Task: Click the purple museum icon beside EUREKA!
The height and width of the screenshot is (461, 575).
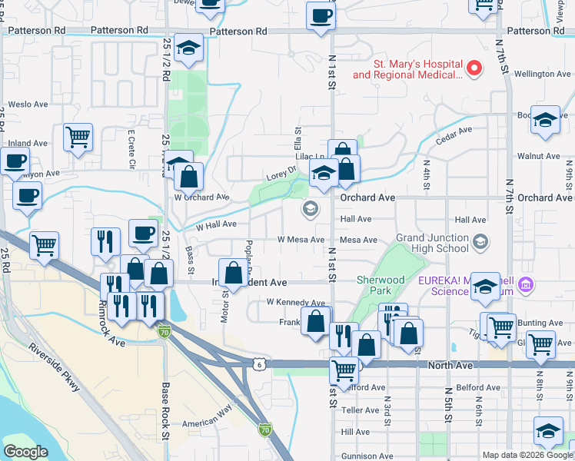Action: tap(527, 285)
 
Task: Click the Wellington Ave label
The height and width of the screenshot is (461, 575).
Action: tap(543, 74)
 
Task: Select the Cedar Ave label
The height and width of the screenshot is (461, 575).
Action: tap(454, 135)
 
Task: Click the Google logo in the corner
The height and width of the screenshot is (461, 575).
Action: tap(25, 452)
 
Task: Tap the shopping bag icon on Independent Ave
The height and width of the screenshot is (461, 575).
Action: tap(234, 272)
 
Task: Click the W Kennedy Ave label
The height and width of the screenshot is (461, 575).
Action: tap(296, 303)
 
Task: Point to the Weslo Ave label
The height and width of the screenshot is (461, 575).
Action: tap(28, 104)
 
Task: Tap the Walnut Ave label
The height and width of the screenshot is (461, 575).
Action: tap(538, 156)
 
